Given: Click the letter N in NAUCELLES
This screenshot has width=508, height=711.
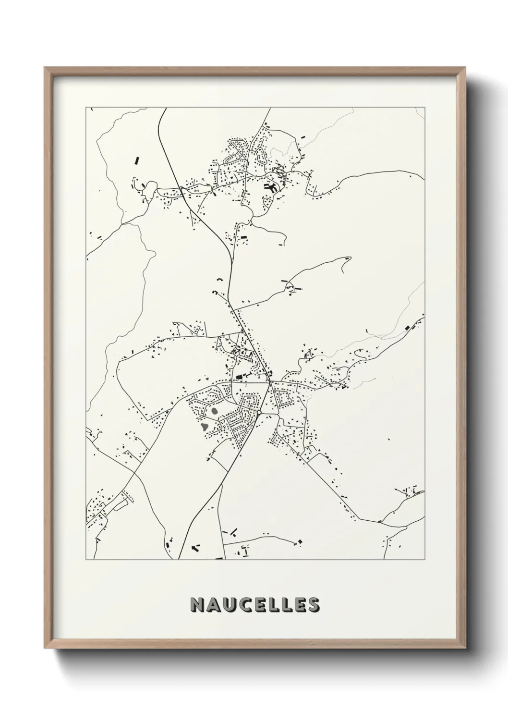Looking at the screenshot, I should coord(197,605).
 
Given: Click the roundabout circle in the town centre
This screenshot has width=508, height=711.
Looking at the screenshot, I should coord(259,413).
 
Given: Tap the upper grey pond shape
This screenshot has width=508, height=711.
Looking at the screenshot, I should coord(213,411).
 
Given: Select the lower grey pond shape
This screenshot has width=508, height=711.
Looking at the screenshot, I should coord(205,426).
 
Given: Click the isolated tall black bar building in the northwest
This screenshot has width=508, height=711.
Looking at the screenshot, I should coord(136,159).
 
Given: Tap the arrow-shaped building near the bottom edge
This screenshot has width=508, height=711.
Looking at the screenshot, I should coord(195,547).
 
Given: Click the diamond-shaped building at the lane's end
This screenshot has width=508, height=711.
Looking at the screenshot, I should coord(300,542).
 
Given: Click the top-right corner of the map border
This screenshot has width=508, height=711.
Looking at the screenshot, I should coord(424,107).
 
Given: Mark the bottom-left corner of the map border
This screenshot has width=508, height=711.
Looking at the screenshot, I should coord(86,560).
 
